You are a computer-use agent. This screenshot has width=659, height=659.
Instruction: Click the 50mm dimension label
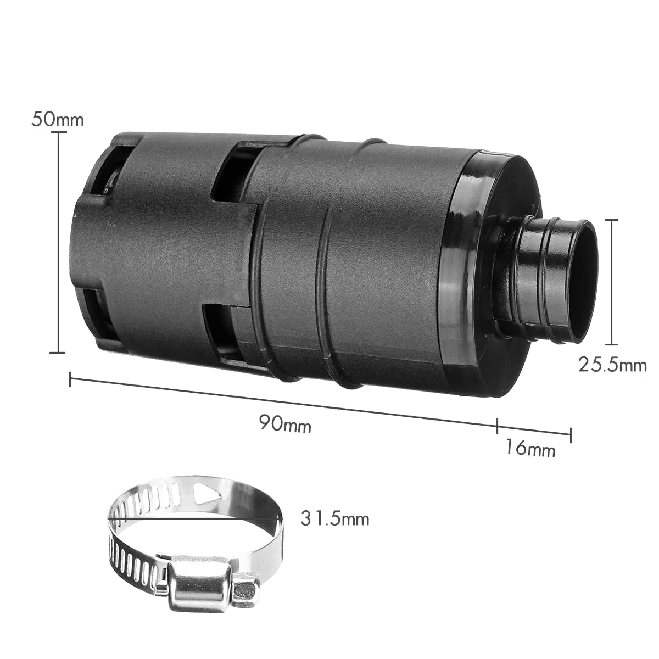(x=58, y=120)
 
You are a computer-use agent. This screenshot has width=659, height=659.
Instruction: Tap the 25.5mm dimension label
(x=612, y=365)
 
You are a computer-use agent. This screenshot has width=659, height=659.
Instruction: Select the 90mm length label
(x=285, y=424)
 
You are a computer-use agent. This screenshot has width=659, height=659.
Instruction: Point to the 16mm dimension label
(x=530, y=448)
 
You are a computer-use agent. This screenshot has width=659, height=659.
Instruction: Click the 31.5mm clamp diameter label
(x=335, y=519)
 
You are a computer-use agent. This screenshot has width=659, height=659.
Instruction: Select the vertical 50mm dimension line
(x=58, y=243)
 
